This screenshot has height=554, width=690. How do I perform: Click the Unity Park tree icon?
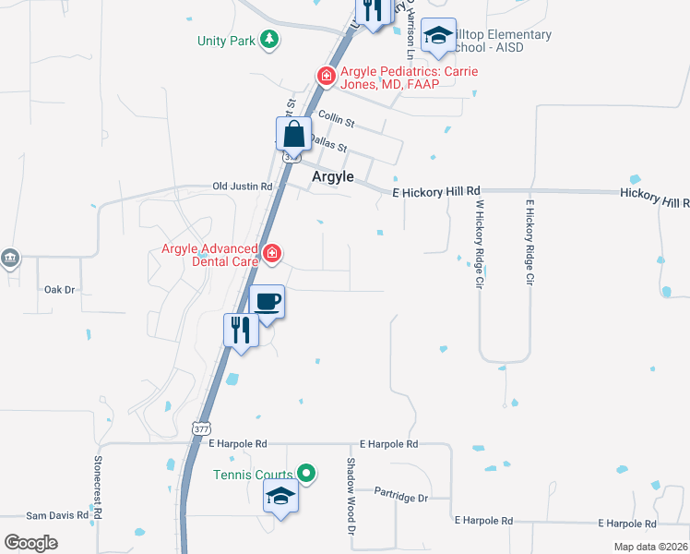[269, 40]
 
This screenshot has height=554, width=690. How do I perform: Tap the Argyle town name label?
[334, 177]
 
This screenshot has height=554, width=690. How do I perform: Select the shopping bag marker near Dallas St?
[293, 135]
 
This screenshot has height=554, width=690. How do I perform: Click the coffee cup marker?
[268, 302]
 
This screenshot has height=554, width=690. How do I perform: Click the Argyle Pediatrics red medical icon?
[325, 76]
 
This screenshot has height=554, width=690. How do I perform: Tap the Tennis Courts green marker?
[307, 475]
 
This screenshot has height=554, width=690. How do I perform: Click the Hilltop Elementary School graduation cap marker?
[437, 37]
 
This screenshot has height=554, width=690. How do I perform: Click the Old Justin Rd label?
[243, 187]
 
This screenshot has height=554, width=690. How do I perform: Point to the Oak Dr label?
[59, 290]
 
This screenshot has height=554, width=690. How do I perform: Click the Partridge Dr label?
[401, 498]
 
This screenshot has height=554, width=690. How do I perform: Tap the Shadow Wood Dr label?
[351, 497]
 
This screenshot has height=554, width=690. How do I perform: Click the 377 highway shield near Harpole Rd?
[201, 428]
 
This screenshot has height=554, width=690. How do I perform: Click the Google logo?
[30, 543]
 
